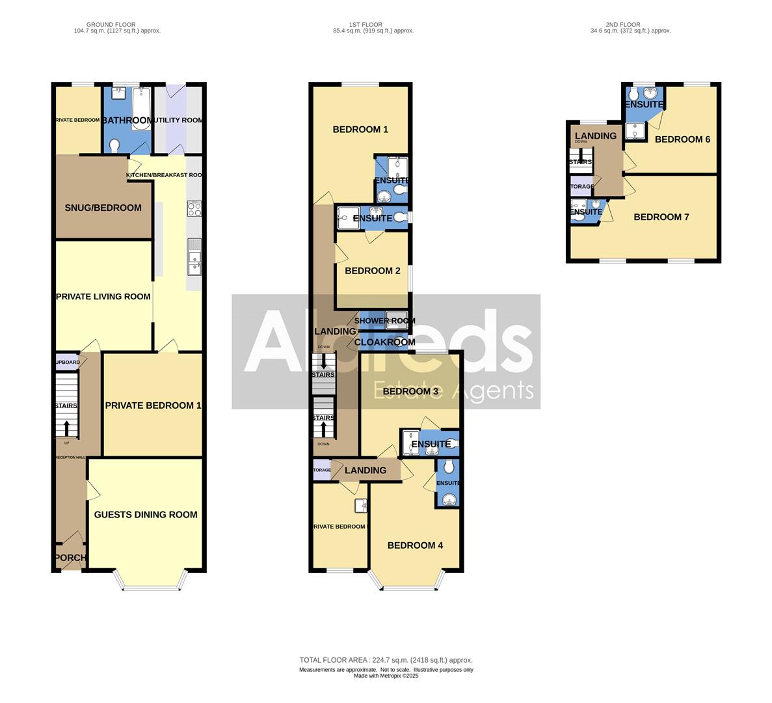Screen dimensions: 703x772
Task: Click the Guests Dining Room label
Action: [146, 514]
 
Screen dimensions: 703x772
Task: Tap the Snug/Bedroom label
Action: [103, 208]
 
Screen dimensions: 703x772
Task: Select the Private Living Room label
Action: [103, 296]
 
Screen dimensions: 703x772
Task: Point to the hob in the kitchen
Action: [194, 209]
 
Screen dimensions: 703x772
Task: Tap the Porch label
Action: [70, 558]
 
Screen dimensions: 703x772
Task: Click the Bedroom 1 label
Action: [360, 129]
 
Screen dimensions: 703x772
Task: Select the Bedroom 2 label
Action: [373, 270]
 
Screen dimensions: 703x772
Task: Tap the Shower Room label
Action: [385, 321]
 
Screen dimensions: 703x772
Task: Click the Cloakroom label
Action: [384, 342]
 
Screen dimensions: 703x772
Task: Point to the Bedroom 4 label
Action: [415, 545]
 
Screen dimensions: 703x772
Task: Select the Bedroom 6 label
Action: [678, 139]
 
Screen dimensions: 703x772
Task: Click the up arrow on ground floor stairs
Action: [66, 428]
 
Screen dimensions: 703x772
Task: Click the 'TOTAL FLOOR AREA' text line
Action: [386, 660]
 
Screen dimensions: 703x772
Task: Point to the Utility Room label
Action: [178, 120]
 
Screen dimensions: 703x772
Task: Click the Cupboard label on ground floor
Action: [68, 362]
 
